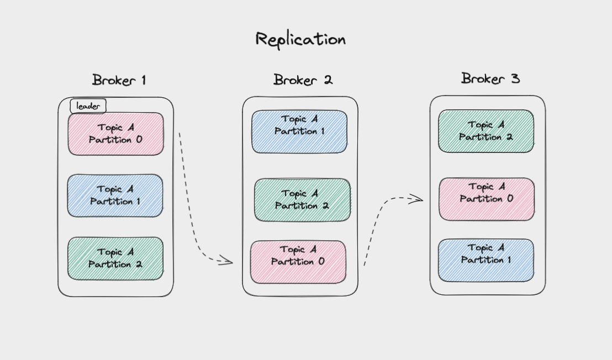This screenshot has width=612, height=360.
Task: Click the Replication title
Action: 300,39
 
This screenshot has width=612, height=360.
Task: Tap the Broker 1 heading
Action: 119,80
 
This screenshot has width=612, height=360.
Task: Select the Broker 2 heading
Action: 303,80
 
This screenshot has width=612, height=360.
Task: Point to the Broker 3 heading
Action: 490,78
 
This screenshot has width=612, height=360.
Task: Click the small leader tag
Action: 88,106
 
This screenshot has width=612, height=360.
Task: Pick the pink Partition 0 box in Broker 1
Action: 116,134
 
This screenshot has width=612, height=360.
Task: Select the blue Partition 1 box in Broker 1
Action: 115,196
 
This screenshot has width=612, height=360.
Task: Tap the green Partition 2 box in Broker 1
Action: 115,258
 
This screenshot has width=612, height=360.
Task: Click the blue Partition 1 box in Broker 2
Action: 299,131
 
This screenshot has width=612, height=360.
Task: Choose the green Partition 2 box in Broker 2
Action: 302,200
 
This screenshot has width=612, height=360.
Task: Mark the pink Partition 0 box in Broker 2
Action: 298,262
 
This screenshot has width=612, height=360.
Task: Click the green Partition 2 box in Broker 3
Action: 486,131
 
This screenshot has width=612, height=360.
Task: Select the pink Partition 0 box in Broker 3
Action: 487,199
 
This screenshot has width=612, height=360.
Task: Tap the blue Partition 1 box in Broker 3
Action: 486,260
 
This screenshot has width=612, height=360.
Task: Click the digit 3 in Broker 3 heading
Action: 514,79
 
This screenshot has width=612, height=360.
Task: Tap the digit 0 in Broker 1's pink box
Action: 138,140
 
